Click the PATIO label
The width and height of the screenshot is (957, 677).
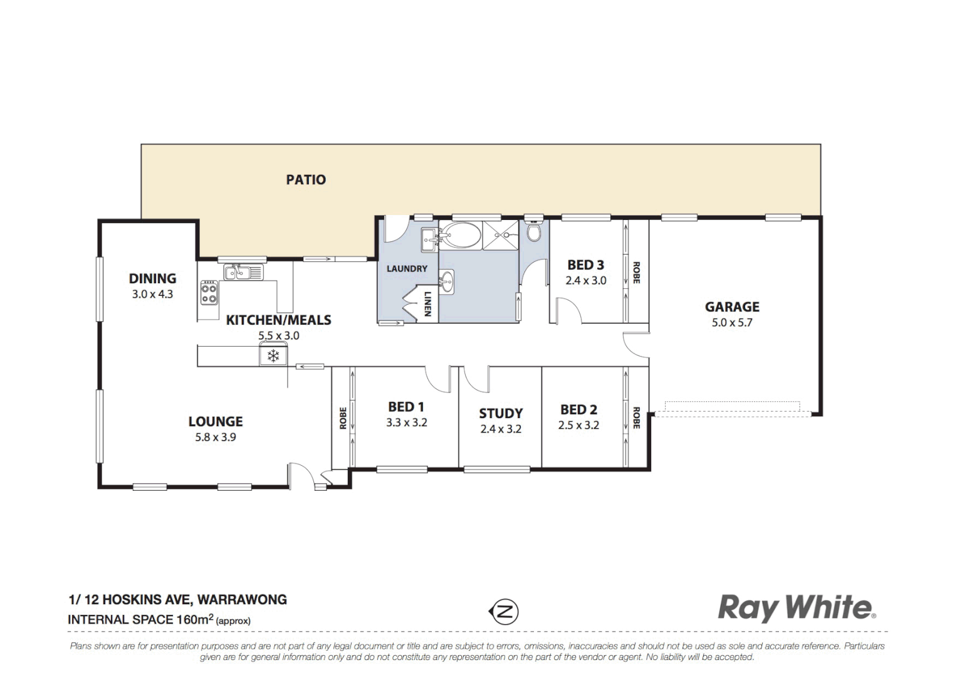click(x=306, y=180)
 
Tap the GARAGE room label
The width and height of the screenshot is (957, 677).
click(x=732, y=307)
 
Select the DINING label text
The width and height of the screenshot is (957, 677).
click(x=152, y=278)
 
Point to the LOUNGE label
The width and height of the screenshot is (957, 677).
click(x=216, y=422)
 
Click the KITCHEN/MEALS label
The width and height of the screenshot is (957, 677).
click(x=278, y=320)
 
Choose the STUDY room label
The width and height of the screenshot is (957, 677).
click(x=501, y=414)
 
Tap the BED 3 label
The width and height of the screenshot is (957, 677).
click(x=586, y=265)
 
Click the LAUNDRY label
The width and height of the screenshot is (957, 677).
click(x=407, y=269)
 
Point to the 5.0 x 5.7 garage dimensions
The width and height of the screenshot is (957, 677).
click(x=732, y=323)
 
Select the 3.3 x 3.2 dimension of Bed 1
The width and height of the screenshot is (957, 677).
click(x=407, y=423)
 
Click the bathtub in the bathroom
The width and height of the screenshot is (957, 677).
click(x=460, y=236)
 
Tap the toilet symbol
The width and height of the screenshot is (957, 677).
click(x=533, y=232)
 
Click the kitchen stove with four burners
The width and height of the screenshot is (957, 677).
click(x=209, y=293)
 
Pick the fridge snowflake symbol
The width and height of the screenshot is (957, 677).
click(x=273, y=356)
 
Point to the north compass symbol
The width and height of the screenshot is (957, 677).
click(x=503, y=611)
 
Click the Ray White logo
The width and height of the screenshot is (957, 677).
click(x=796, y=608)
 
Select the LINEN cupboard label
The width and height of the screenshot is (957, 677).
click(x=427, y=303)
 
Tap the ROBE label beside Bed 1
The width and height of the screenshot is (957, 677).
click(x=343, y=418)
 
